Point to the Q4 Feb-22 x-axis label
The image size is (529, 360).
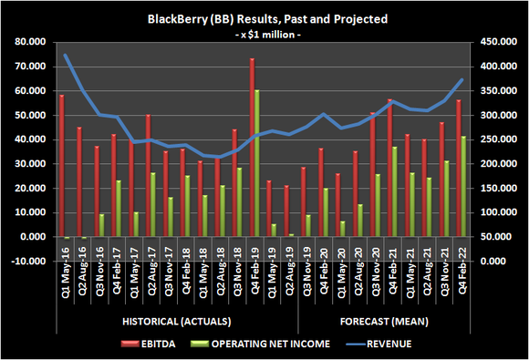pyautogui.click(x=461, y=287)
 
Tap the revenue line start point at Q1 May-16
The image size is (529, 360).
pyautogui.click(x=65, y=55)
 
